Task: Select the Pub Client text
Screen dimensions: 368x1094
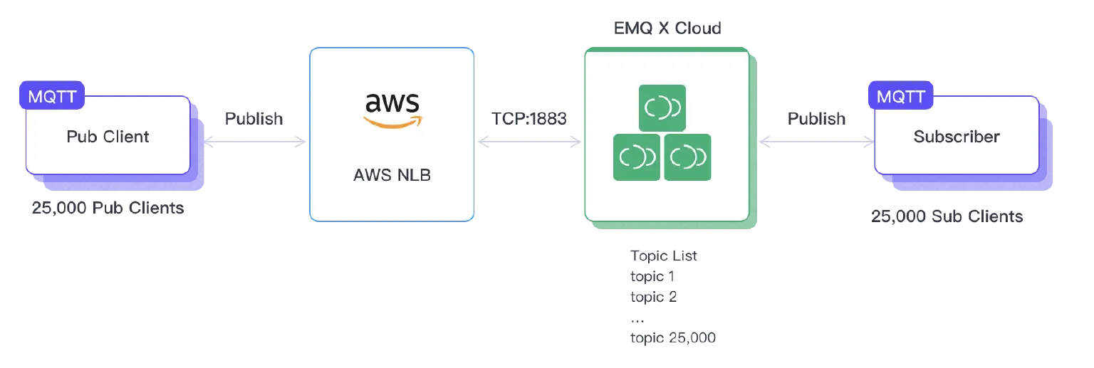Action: click(108, 137)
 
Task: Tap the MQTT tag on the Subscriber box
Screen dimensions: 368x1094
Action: click(901, 96)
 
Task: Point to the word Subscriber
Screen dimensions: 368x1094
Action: click(957, 137)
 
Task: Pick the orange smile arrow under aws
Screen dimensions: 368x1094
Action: click(392, 122)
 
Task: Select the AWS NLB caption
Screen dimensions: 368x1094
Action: click(392, 174)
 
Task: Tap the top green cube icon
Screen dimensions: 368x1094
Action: click(662, 108)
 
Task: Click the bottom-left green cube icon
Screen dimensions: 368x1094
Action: click(637, 157)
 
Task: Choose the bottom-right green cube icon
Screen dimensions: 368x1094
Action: click(688, 157)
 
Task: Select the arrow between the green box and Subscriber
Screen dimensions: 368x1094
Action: click(817, 142)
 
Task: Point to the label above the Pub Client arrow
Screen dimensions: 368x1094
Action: click(254, 118)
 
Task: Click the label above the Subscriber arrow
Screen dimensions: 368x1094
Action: click(817, 118)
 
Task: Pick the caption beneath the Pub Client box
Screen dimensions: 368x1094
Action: click(108, 210)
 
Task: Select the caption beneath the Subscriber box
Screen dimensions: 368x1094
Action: click(949, 216)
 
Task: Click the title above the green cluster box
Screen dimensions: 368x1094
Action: click(666, 28)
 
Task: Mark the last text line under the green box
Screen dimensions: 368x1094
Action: click(672, 340)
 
